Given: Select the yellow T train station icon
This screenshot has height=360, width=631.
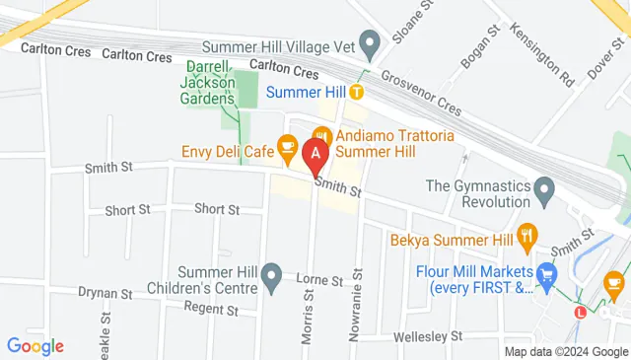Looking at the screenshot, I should (x=356, y=92).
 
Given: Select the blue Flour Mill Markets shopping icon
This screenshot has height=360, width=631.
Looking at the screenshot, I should (x=547, y=272).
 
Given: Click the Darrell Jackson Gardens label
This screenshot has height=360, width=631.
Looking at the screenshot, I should (x=211, y=84).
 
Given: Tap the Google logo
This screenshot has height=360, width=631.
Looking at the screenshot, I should (x=35, y=346).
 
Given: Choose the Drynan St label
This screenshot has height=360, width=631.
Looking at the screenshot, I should (x=105, y=294).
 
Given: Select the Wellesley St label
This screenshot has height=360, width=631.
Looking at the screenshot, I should (x=427, y=336).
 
